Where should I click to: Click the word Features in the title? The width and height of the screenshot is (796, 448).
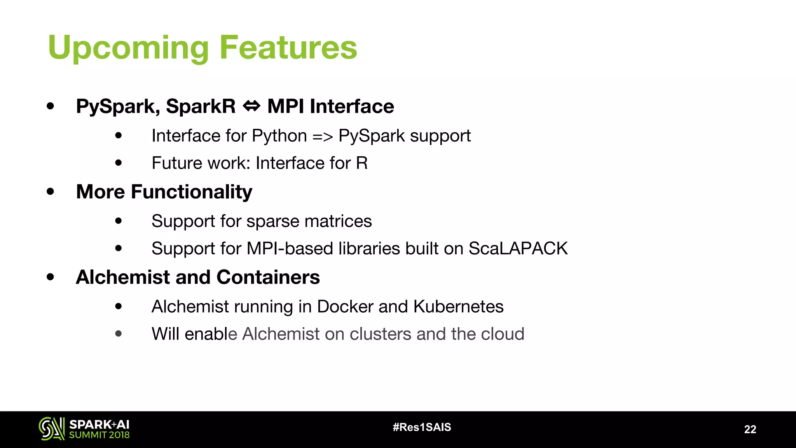288,47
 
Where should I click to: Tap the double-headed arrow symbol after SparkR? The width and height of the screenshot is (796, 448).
251,106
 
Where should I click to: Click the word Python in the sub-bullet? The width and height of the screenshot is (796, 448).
279,136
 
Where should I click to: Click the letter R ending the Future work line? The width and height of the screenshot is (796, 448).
361,163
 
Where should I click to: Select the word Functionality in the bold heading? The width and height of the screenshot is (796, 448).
191,192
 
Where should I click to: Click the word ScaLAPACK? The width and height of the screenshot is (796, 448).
518,248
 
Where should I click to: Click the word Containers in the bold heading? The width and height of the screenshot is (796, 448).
268,277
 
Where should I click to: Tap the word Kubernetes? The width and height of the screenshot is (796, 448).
458,306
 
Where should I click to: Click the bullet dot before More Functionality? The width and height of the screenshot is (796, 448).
50,191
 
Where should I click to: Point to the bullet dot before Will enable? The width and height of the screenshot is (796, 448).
119,334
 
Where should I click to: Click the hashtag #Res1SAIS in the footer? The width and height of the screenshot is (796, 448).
422,427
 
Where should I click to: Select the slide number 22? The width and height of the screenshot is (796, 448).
750,429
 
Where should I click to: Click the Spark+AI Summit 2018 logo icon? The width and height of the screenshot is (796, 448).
52,429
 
